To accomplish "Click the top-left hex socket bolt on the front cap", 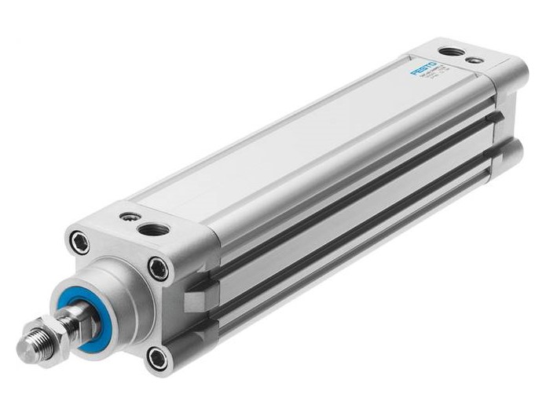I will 78,241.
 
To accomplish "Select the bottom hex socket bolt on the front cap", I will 158,357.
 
